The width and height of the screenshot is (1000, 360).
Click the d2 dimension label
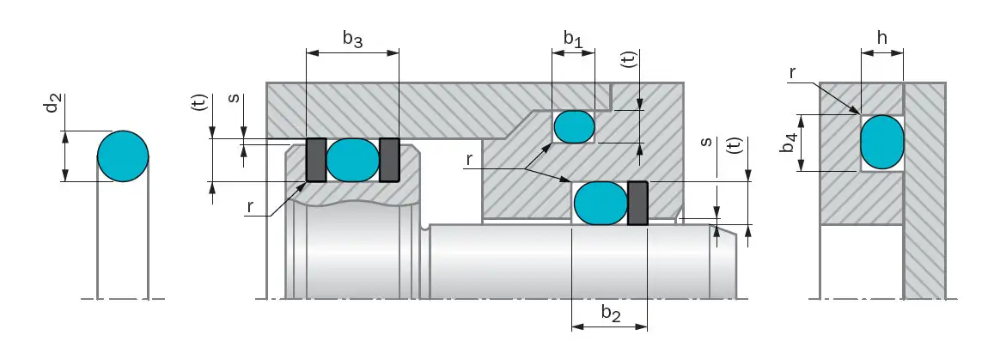point(53,103)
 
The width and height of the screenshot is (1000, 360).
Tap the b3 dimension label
point(352,39)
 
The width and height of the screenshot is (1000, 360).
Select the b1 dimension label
point(573,38)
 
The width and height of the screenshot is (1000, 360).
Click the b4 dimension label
point(789,142)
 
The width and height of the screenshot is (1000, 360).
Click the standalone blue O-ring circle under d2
point(123,156)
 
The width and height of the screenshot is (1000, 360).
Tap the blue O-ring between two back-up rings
point(353,160)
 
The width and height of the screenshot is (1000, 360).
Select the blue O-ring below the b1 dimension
point(573,126)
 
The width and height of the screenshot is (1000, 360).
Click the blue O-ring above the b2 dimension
point(600,203)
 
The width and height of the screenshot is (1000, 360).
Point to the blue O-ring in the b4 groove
point(881,142)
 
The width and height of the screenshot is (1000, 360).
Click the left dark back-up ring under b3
point(316,160)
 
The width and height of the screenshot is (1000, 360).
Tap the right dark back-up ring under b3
point(389,160)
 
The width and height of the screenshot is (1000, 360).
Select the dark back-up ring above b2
point(637,203)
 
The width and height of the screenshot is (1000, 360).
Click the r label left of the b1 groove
point(469,161)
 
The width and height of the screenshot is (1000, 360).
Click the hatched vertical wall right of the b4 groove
point(924,189)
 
